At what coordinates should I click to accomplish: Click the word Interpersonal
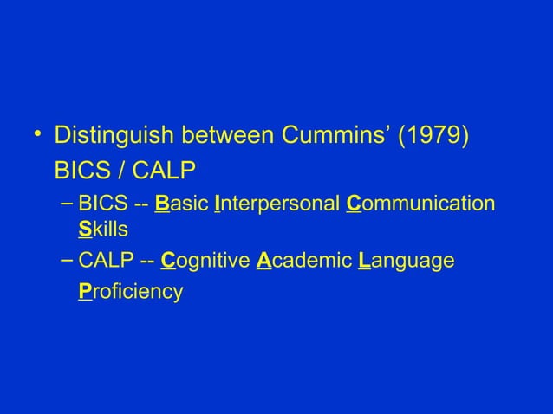[x=276, y=205]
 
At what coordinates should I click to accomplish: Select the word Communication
[x=420, y=205]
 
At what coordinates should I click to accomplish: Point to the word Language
[x=406, y=261]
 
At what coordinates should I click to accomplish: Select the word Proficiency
[x=130, y=291]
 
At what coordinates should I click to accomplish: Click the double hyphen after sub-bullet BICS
[x=140, y=205]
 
